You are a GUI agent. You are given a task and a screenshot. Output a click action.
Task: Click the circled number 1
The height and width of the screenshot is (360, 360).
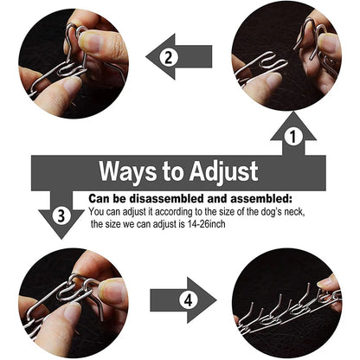(x=293, y=137)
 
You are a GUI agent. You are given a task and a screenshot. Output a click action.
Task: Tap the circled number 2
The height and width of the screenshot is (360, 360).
(x=169, y=57)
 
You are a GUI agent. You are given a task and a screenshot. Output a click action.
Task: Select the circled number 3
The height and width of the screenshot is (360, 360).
(x=61, y=215)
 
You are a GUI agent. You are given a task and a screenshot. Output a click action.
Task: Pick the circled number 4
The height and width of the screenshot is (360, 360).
(x=189, y=300)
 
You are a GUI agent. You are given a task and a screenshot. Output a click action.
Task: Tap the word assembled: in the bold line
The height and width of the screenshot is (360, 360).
(x=260, y=199)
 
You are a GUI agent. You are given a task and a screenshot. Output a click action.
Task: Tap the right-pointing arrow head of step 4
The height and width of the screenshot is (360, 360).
(x=202, y=300)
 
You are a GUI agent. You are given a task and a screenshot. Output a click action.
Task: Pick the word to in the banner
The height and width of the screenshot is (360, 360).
(x=173, y=172)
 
